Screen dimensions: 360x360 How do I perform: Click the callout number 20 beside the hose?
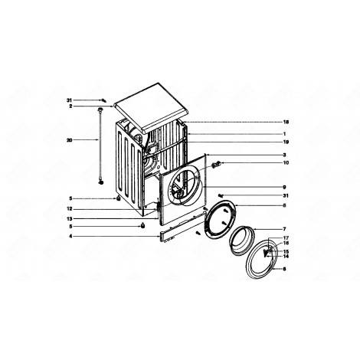(69, 139)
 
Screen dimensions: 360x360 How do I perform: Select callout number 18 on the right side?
(286, 123)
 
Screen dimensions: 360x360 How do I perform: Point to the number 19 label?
(286, 142)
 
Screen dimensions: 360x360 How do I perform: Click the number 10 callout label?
(286, 162)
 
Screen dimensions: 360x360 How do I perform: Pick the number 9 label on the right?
(284, 188)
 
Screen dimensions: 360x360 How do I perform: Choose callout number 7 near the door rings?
(284, 229)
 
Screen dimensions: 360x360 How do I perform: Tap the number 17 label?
(286, 239)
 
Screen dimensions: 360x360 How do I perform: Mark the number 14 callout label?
(286, 256)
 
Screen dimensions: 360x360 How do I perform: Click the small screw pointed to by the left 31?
(102, 100)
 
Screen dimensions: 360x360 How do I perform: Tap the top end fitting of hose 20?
(100, 112)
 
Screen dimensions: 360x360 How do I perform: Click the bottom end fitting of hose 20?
(101, 182)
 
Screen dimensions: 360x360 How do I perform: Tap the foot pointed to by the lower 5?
(142, 227)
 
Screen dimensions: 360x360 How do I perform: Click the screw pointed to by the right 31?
(221, 196)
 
